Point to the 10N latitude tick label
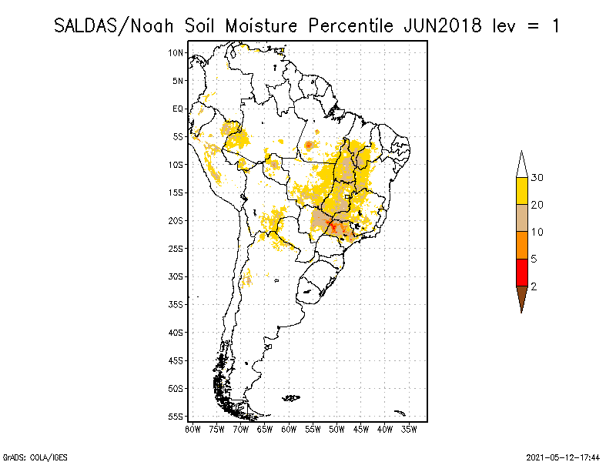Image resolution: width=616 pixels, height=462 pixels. click(x=176, y=52)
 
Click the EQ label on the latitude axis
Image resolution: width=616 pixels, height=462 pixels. click(x=178, y=109)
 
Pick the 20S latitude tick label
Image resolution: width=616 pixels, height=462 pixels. click(x=176, y=220)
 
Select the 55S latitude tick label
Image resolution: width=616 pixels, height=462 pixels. click(x=176, y=416)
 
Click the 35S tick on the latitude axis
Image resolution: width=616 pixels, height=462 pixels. click(x=176, y=304)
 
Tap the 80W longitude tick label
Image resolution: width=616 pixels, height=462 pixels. click(x=192, y=428)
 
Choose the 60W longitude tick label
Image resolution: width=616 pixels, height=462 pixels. click(x=289, y=428)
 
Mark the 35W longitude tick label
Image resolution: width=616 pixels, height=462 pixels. click(x=409, y=428)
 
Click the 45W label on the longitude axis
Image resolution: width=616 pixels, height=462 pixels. click(x=361, y=428)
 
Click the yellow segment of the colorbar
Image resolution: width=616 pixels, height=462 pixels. click(x=522, y=191)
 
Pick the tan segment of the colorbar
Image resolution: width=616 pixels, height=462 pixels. click(x=522, y=218)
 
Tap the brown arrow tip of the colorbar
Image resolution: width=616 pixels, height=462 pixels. click(x=522, y=300)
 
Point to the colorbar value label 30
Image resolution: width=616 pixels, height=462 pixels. click(x=537, y=178)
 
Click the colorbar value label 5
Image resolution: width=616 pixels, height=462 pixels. click(x=534, y=259)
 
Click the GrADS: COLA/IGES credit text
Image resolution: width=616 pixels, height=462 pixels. click(x=25, y=457)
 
